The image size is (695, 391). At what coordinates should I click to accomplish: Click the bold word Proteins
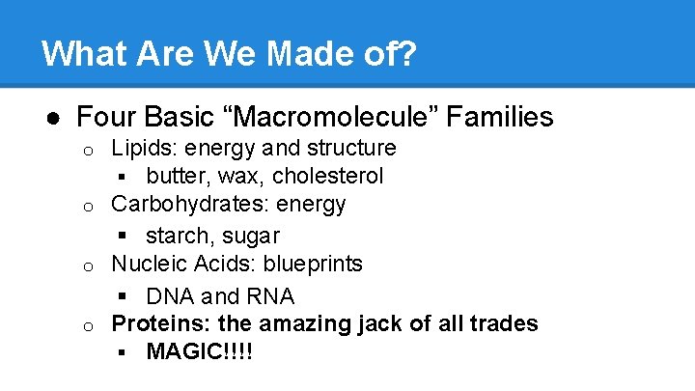point(153,323)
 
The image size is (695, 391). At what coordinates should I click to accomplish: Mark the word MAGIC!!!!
point(199,351)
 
